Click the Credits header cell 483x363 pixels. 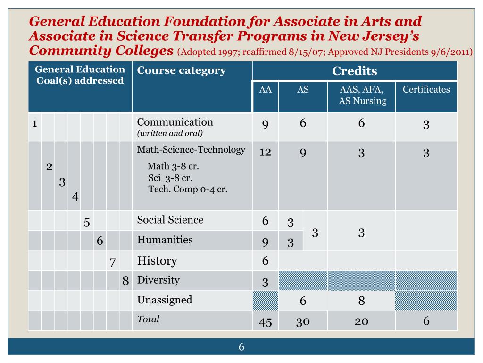[x=355, y=71]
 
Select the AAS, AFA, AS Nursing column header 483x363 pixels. [x=361, y=95]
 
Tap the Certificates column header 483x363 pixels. [x=426, y=90]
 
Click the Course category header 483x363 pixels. [x=181, y=71]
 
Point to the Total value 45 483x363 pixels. [x=265, y=322]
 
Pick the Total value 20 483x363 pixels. [x=361, y=321]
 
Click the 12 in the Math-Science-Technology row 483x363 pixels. [x=265, y=152]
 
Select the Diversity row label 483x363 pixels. [x=158, y=280]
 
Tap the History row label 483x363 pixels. [x=157, y=261]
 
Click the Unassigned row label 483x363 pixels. [x=165, y=300]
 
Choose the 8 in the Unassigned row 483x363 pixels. [x=361, y=302]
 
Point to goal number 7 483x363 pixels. [x=112, y=262]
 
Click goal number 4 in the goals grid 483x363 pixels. [x=75, y=196]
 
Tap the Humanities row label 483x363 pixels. [x=165, y=240]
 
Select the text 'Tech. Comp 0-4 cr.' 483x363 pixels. [x=188, y=189]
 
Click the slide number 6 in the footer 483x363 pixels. [x=241, y=347]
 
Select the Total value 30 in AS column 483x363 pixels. [x=303, y=321]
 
